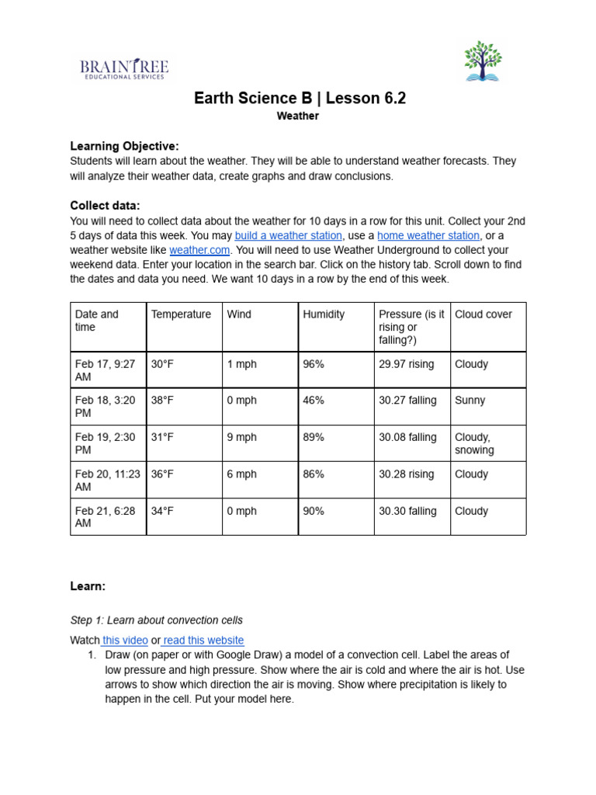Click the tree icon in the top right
tap(483, 61)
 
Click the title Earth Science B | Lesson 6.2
tap(299, 99)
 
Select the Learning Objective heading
tap(124, 146)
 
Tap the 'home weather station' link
tap(428, 235)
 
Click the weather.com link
tap(199, 250)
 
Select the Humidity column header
tap(324, 314)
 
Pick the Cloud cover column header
tap(483, 314)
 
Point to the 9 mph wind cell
tap(241, 437)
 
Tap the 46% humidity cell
tap(314, 401)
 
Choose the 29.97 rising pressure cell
tap(407, 364)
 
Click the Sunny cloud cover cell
tap(470, 401)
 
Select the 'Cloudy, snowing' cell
tap(474, 443)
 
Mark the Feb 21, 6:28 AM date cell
tap(105, 517)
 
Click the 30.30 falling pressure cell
tap(407, 511)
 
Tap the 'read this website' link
tap(203, 641)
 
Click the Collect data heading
tap(106, 206)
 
